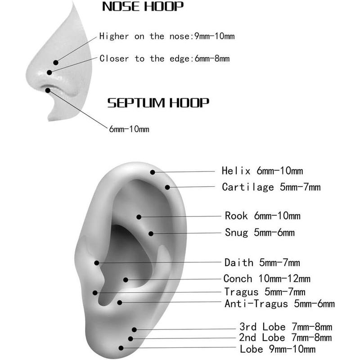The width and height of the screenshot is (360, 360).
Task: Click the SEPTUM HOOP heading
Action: pyautogui.click(x=158, y=103)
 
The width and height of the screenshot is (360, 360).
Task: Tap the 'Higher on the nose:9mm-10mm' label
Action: pyautogui.click(x=166, y=36)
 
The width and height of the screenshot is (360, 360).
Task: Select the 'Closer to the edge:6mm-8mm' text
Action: pyautogui.click(x=165, y=58)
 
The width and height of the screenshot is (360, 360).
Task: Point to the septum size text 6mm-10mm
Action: pyautogui.click(x=129, y=129)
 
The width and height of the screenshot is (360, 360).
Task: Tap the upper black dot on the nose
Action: pyautogui.click(x=56, y=63)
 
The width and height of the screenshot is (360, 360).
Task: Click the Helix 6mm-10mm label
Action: pyautogui.click(x=262, y=171)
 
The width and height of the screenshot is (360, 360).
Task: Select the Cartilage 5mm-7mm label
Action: pyautogui.click(x=271, y=187)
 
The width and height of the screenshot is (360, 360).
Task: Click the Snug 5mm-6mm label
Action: pyautogui.click(x=260, y=233)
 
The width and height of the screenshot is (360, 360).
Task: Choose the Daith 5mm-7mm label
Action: pyautogui.click(x=262, y=262)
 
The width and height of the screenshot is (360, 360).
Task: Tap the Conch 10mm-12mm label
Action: pyautogui.click(x=267, y=279)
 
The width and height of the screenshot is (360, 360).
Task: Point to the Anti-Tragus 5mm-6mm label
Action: pyautogui.click(x=279, y=304)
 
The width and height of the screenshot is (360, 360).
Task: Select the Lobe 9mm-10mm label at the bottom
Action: pyautogui.click(x=278, y=349)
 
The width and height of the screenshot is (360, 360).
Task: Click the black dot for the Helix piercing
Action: pyautogui.click(x=153, y=172)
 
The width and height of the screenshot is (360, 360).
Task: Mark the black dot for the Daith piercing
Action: pyautogui.click(x=97, y=263)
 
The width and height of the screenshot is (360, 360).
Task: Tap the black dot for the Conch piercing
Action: pyautogui.click(x=126, y=280)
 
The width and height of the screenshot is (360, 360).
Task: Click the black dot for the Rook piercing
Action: pyautogui.click(x=139, y=217)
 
